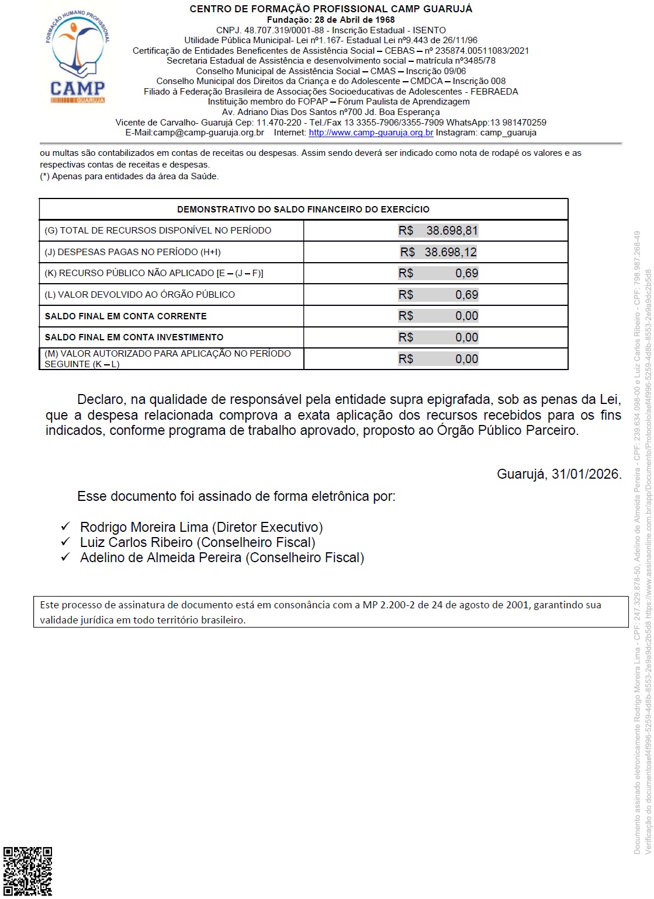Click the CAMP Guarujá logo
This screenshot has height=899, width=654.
click(x=77, y=57)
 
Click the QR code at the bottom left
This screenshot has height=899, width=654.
click(x=27, y=871)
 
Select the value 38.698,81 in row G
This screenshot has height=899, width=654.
click(x=452, y=231)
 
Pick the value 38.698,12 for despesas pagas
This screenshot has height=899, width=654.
click(x=451, y=252)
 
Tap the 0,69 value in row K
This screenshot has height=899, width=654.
click(x=466, y=273)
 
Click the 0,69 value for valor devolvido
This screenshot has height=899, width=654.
click(x=466, y=295)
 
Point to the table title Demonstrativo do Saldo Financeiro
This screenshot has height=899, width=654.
click(x=303, y=210)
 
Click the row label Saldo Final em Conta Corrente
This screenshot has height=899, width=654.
click(x=126, y=316)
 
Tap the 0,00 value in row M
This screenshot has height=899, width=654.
click(x=466, y=359)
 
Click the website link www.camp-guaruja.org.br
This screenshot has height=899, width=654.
click(x=371, y=133)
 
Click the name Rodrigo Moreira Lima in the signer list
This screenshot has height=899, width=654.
click(x=144, y=527)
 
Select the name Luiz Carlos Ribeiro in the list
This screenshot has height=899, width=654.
click(x=136, y=542)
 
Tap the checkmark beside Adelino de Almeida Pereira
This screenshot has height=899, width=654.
click(x=65, y=557)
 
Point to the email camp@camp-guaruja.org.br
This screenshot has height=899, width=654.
click(x=208, y=133)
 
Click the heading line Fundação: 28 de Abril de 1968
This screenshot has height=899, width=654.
click(x=331, y=20)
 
